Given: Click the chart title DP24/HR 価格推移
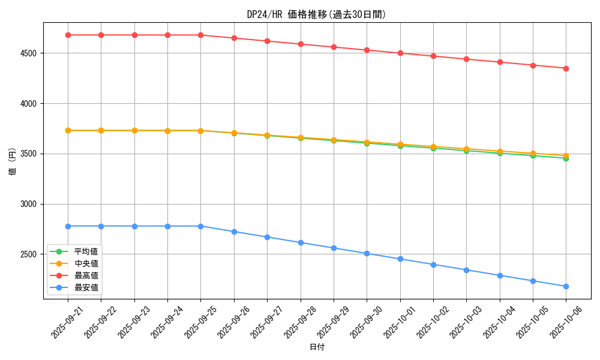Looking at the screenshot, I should pos(317,14).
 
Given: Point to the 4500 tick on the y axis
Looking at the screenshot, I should pos(29,53).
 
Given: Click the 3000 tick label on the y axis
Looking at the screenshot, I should pos(29,204).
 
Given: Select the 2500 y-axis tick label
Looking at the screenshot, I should pos(29,254).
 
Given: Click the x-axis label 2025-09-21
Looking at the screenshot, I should pos(65,320).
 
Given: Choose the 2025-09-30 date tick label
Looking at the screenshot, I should pos(365,320).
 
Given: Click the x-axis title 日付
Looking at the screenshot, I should pos(317,347).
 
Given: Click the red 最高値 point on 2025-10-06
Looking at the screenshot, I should pos(566,68).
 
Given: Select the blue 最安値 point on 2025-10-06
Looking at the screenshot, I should pos(566,286).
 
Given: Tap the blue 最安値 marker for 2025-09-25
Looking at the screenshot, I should pos(201,226).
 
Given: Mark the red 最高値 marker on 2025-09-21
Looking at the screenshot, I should pos(68,35).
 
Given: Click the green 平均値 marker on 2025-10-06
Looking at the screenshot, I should pos(566,158).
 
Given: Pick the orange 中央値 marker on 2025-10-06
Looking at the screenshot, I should pos(566,155).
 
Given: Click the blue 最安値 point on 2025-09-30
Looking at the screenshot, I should pos(367,253).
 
